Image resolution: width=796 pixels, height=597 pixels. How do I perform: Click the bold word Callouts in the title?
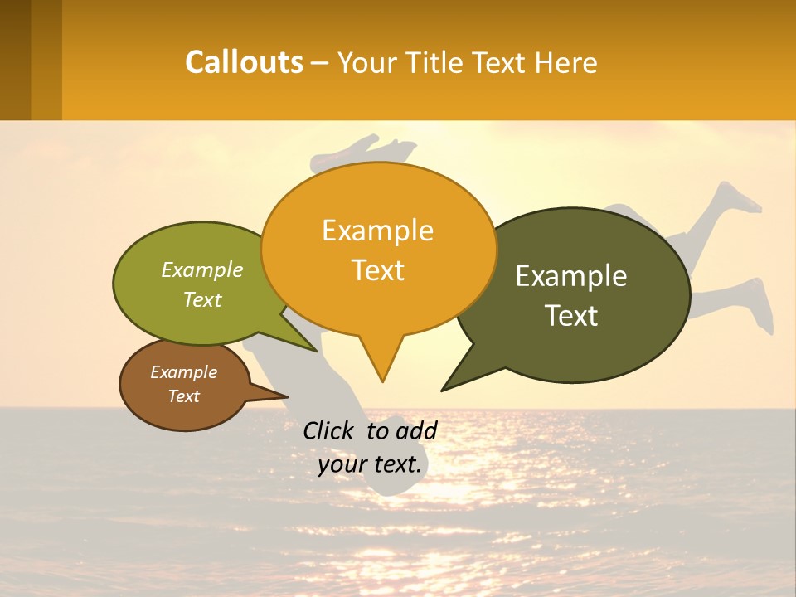[x=244, y=62]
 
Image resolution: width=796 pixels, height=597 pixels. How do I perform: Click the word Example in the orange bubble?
[x=378, y=231]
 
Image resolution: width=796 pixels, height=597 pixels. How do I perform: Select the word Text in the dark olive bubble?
[x=571, y=316]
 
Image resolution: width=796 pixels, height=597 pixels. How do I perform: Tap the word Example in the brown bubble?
[x=184, y=372]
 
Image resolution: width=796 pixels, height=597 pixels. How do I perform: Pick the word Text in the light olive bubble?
[x=202, y=299]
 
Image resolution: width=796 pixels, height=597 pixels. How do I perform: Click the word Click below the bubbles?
[x=328, y=430]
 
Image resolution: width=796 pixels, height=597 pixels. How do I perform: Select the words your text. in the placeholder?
[x=370, y=464]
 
